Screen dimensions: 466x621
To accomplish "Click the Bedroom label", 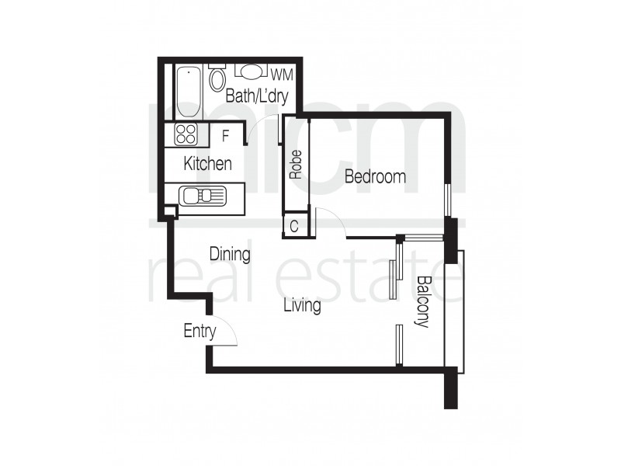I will (x=375, y=177).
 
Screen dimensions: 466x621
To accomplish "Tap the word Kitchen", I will (x=207, y=164).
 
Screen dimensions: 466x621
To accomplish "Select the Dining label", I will (x=230, y=254).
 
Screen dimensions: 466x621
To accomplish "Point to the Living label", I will (x=302, y=306).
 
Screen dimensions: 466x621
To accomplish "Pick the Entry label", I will (x=199, y=332).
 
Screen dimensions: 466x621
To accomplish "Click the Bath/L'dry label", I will (x=256, y=97).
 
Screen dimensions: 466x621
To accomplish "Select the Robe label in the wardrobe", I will (x=295, y=165).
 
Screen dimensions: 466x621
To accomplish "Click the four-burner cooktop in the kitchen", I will (x=186, y=134).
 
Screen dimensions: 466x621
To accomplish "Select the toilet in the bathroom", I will (x=218, y=78).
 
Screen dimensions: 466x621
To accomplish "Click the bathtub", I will (x=188, y=92).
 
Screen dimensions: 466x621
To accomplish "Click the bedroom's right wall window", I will (x=446, y=200).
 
